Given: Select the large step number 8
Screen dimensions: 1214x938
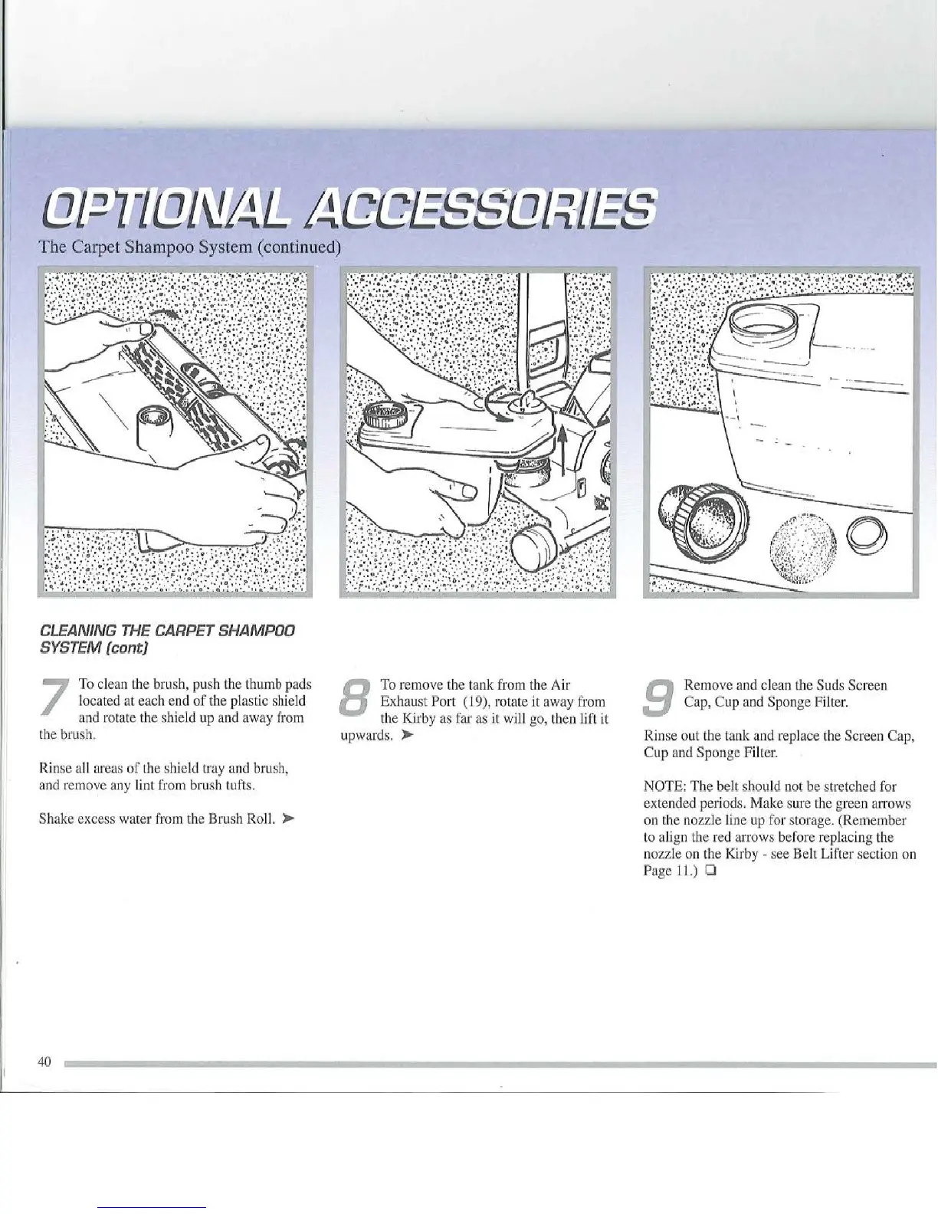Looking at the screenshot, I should pyautogui.click(x=358, y=700).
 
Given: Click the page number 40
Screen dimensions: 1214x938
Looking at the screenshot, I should pyautogui.click(x=44, y=1061).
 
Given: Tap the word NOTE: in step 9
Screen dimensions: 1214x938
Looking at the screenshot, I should pyautogui.click(x=663, y=786).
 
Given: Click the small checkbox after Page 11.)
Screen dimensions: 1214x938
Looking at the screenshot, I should pyautogui.click(x=711, y=871).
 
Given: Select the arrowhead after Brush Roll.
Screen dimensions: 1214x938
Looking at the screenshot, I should pyautogui.click(x=289, y=819).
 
